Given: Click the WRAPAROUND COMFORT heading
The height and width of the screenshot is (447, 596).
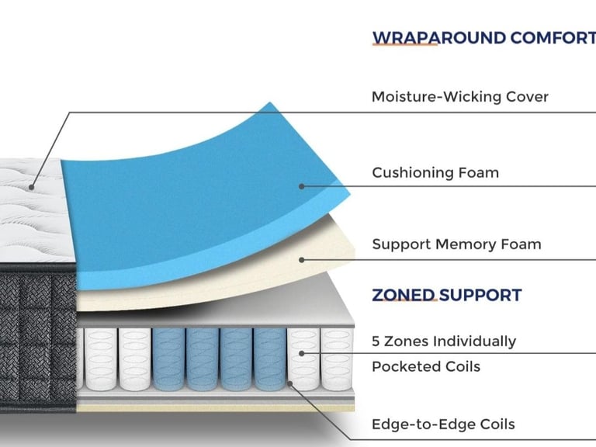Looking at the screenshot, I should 483,37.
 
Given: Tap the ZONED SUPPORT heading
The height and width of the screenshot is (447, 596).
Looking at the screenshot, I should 446,295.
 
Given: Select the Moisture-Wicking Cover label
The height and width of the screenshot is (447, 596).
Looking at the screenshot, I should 459,97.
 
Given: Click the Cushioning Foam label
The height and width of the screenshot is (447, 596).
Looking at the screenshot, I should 435,172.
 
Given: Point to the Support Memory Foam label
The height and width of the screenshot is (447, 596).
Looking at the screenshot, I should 456,244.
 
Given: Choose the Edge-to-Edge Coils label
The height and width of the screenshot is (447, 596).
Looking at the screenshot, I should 443,424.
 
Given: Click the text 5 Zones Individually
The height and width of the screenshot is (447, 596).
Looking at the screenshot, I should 443,341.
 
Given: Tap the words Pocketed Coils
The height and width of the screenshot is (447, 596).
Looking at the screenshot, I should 426,366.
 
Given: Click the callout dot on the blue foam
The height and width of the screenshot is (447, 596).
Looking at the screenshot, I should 302,186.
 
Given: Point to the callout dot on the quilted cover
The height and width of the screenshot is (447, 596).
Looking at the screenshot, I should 32,187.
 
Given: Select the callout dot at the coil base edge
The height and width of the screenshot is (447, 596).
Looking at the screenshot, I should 289,383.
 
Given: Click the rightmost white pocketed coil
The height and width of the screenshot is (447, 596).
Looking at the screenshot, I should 336,359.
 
